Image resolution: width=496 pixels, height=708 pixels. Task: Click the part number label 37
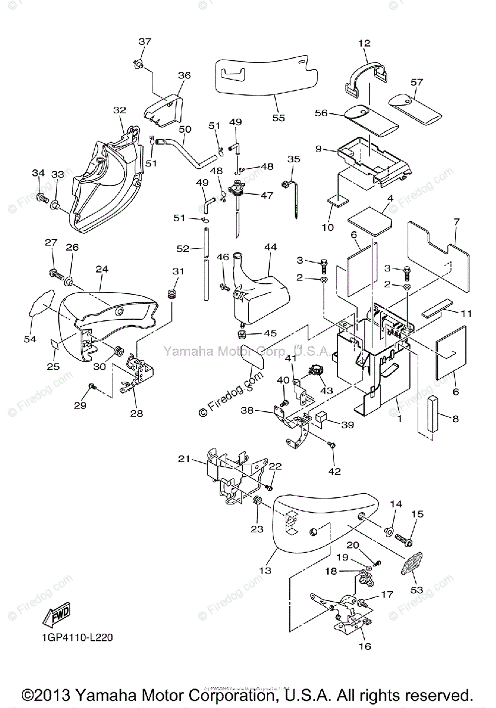(x=145, y=42)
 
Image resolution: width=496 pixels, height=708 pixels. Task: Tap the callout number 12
(x=365, y=43)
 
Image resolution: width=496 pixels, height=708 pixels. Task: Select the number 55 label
(x=278, y=117)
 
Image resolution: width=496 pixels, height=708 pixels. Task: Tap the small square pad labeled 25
(x=54, y=344)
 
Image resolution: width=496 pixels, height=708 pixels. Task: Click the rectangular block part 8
(x=432, y=414)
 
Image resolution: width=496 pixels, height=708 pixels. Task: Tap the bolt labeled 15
(x=403, y=538)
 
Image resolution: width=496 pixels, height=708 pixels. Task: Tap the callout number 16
(x=365, y=646)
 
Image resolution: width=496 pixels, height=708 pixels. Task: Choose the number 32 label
(x=120, y=110)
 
